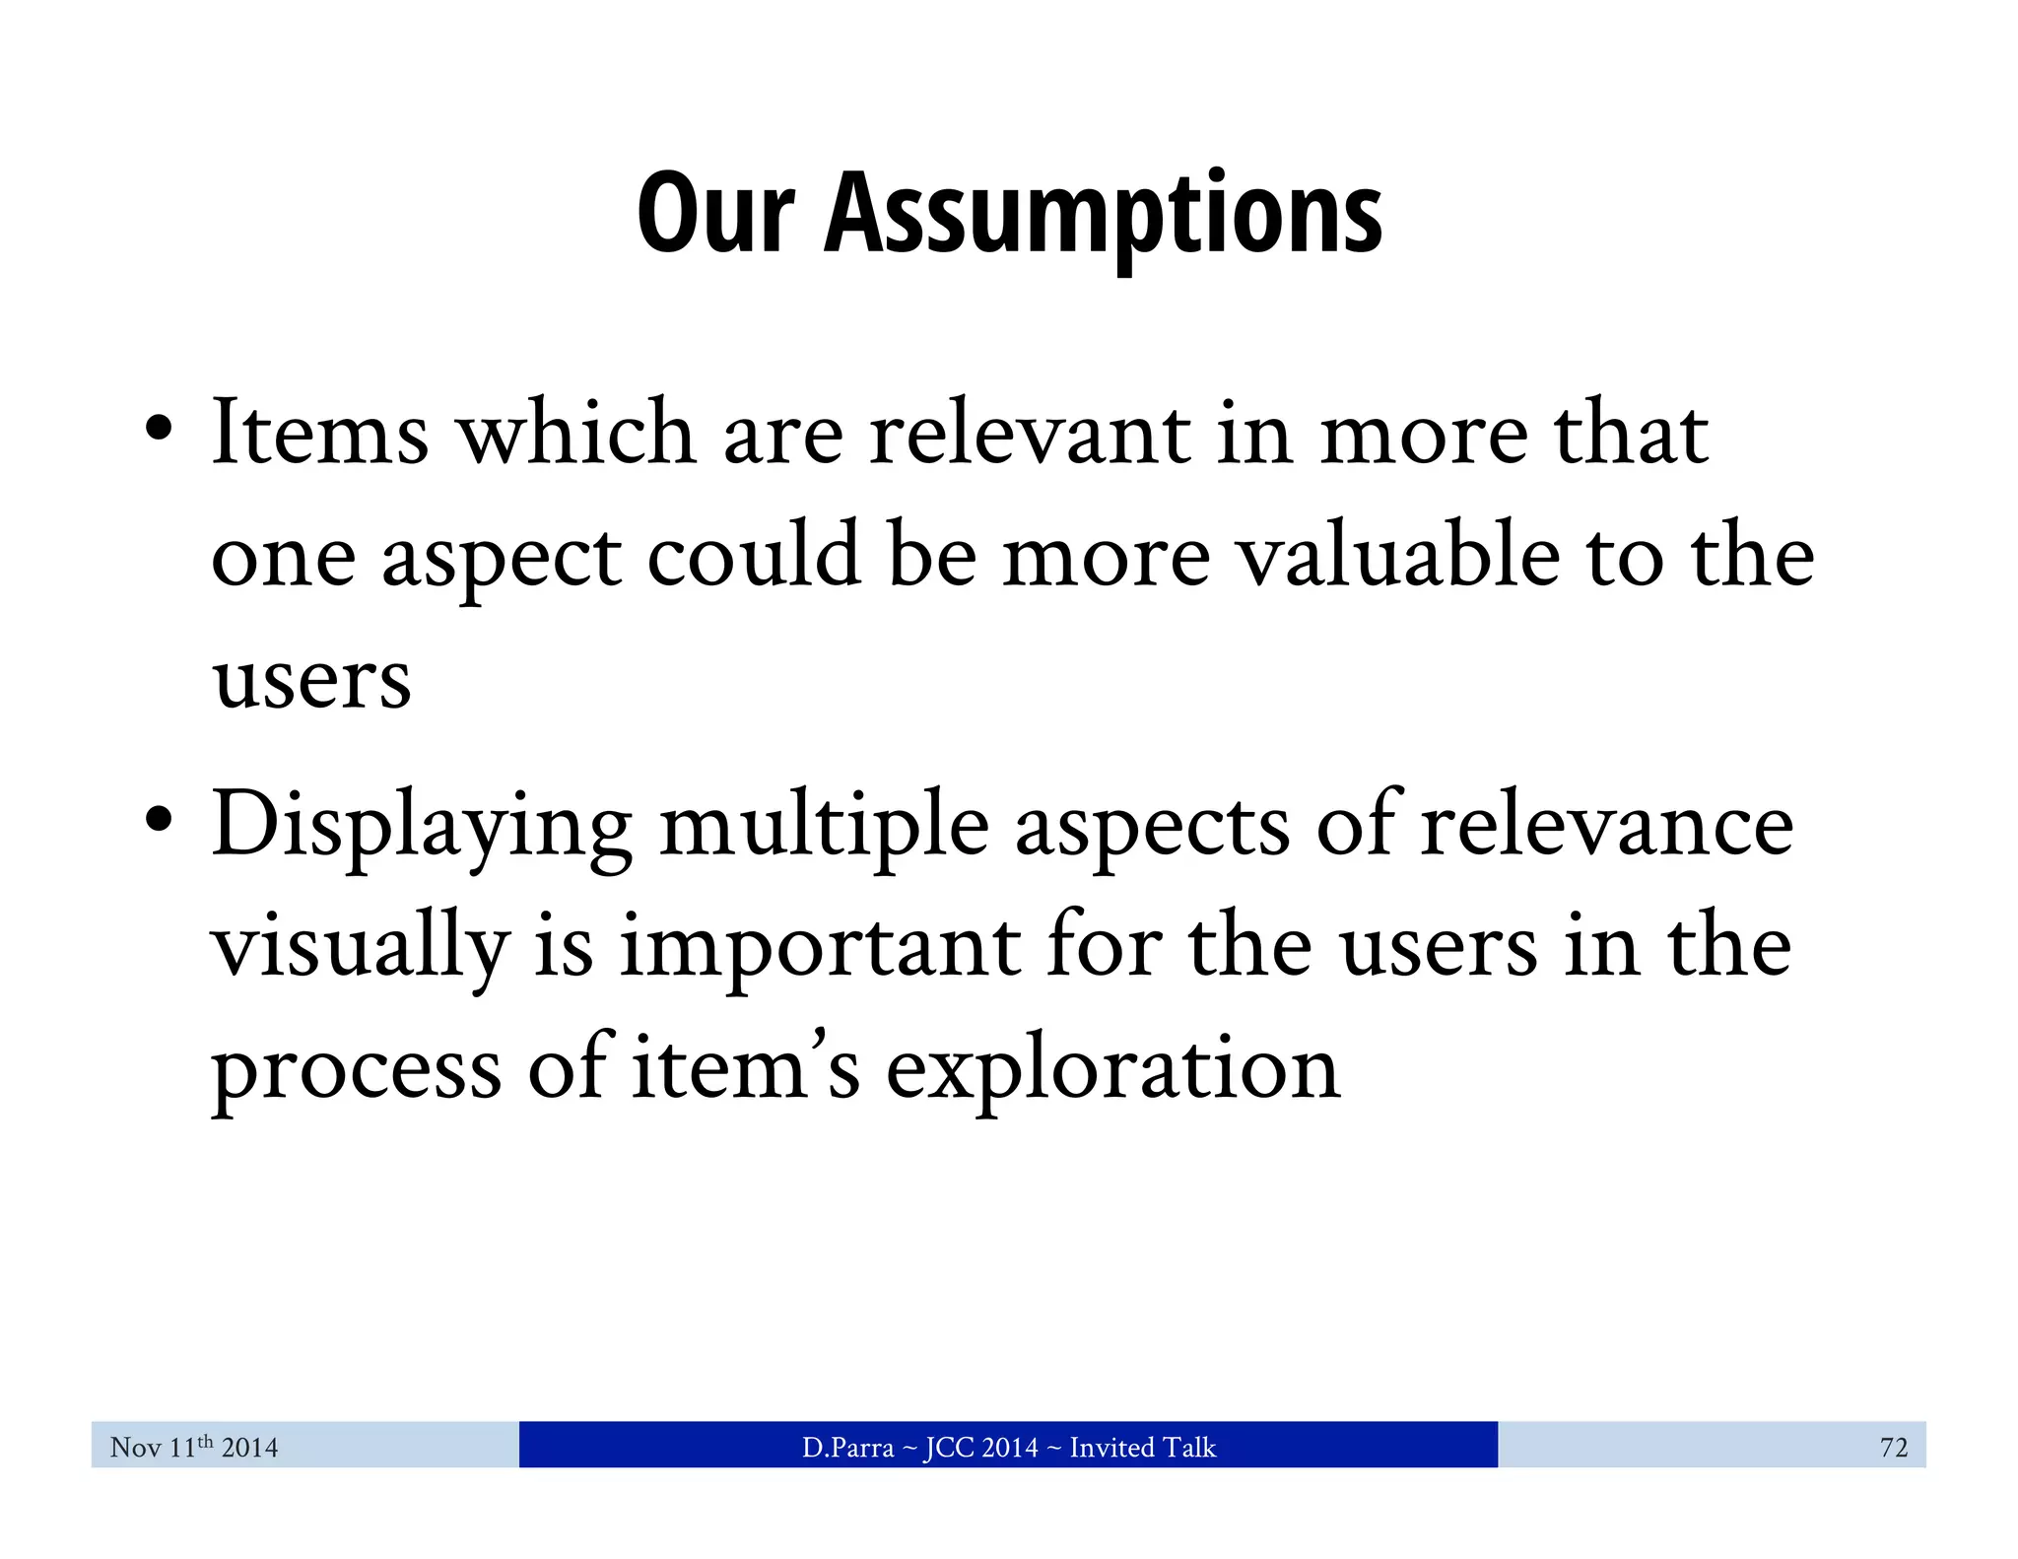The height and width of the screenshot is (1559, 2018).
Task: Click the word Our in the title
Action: (715, 214)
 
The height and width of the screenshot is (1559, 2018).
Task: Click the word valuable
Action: (1399, 556)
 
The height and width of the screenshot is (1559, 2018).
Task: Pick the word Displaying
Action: (422, 826)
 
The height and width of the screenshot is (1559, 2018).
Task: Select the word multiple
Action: (824, 826)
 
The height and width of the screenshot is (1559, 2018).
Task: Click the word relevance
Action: (1606, 824)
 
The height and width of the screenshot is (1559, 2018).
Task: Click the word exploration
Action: (1113, 1070)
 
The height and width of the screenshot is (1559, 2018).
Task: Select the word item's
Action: (745, 1068)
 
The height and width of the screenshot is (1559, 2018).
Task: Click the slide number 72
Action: (1893, 1447)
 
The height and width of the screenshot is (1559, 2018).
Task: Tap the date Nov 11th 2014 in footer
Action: (194, 1447)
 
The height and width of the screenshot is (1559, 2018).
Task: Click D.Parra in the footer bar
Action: (847, 1447)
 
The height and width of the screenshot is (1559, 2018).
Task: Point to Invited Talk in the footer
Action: (1143, 1447)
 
